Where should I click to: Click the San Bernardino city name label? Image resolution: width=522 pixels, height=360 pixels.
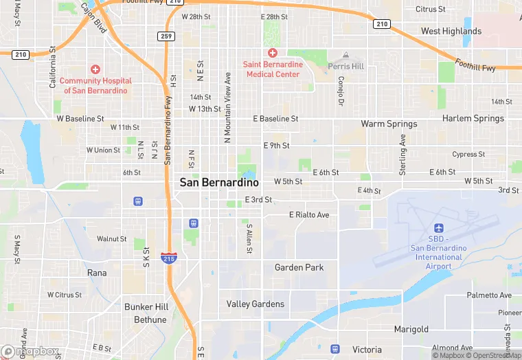(x=219, y=183)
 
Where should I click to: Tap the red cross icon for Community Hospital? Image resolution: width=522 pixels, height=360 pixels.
(x=95, y=69)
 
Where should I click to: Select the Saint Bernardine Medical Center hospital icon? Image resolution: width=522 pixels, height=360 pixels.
(x=273, y=53)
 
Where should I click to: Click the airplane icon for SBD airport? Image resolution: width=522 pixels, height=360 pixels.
(x=438, y=228)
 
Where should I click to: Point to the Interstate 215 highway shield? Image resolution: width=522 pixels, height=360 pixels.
(x=168, y=258)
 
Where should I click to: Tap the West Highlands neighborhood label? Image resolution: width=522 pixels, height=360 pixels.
(x=451, y=31)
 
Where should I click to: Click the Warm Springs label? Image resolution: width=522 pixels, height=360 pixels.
(x=389, y=124)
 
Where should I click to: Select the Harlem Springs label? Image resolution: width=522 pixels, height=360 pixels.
(x=473, y=119)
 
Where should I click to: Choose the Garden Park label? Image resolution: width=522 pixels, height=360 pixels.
(x=299, y=267)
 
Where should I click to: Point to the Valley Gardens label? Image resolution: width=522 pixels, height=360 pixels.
(x=256, y=304)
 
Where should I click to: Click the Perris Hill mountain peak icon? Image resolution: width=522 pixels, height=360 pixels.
(x=346, y=55)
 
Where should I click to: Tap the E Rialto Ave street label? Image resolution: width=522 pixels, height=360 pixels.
(x=309, y=215)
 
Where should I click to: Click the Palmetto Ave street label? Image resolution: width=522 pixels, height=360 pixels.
(x=489, y=295)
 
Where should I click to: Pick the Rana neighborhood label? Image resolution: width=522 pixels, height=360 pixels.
(x=97, y=273)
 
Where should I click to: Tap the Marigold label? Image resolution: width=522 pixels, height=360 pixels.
(x=411, y=330)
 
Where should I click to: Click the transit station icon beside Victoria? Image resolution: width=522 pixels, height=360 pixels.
(x=335, y=349)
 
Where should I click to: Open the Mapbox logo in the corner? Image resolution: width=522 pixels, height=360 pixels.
(x=30, y=351)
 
